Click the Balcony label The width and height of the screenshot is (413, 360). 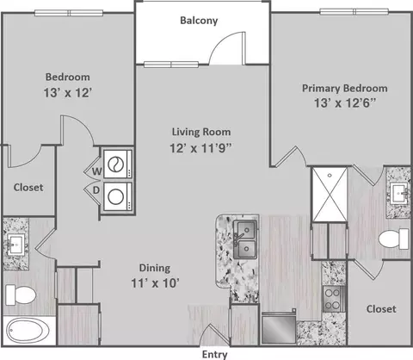(199, 21)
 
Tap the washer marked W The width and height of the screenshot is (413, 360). (118, 164)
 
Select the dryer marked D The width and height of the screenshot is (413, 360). (118, 196)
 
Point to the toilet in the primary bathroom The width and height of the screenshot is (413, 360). (393, 239)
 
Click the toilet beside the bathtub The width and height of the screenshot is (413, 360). (21, 295)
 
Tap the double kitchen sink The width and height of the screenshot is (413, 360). (244, 239)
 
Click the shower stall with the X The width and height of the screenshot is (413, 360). (330, 195)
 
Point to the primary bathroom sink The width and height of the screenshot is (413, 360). (399, 194)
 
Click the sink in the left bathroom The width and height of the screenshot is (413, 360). (15, 245)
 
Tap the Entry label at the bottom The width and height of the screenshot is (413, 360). (214, 355)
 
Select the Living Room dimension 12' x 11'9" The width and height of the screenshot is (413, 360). (200, 148)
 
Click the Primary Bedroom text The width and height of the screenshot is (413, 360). (345, 89)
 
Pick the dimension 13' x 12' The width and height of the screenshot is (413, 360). (68, 93)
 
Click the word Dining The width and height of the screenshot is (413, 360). (155, 268)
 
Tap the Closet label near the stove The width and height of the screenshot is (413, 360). (381, 309)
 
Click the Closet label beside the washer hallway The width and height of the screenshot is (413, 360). (28, 188)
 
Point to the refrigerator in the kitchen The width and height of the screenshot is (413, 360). (279, 327)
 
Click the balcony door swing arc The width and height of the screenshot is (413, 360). (221, 41)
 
